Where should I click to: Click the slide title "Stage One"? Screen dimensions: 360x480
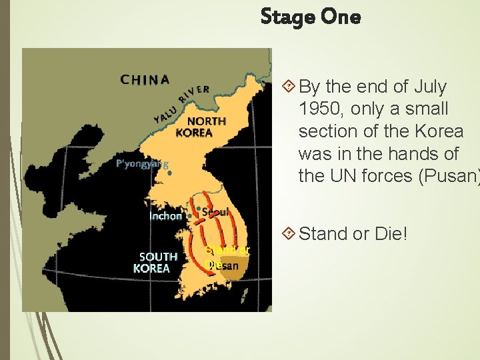[x=311, y=17]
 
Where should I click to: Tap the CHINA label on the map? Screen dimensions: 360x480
[x=145, y=80]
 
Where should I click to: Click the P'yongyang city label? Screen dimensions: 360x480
[x=141, y=164]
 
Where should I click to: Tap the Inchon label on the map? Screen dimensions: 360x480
[x=166, y=216]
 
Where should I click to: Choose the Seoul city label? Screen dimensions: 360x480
[x=215, y=212]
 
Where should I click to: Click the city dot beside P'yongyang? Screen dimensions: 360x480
[x=171, y=173]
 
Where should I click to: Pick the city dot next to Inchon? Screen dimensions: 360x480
[x=190, y=216]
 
